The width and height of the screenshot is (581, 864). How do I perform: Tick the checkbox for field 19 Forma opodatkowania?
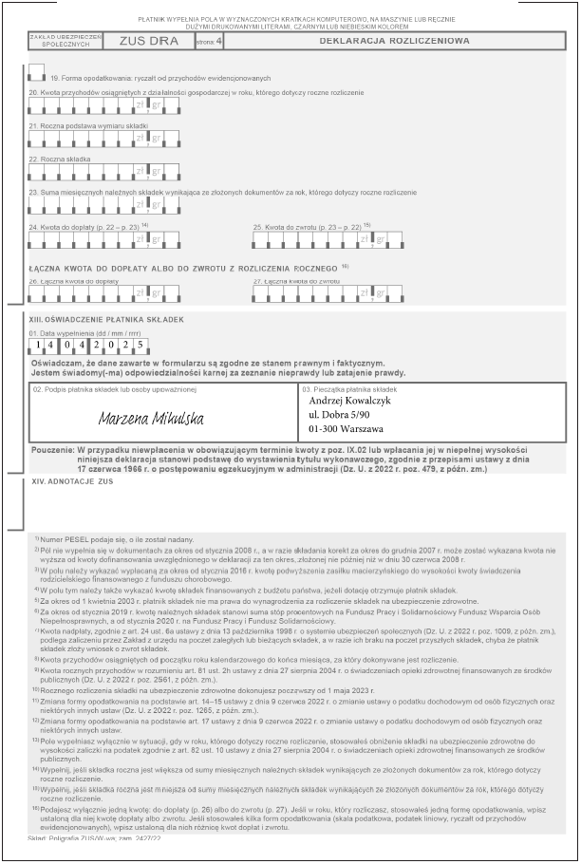(37, 71)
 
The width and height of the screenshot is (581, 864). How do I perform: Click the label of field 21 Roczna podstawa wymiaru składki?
(77, 125)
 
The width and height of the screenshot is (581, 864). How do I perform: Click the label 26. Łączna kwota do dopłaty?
(73, 281)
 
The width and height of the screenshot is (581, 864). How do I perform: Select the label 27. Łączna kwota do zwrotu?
(296, 281)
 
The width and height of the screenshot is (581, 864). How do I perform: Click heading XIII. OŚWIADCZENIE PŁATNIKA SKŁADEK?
(105, 319)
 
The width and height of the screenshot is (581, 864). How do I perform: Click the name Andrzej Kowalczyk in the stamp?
(350, 401)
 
